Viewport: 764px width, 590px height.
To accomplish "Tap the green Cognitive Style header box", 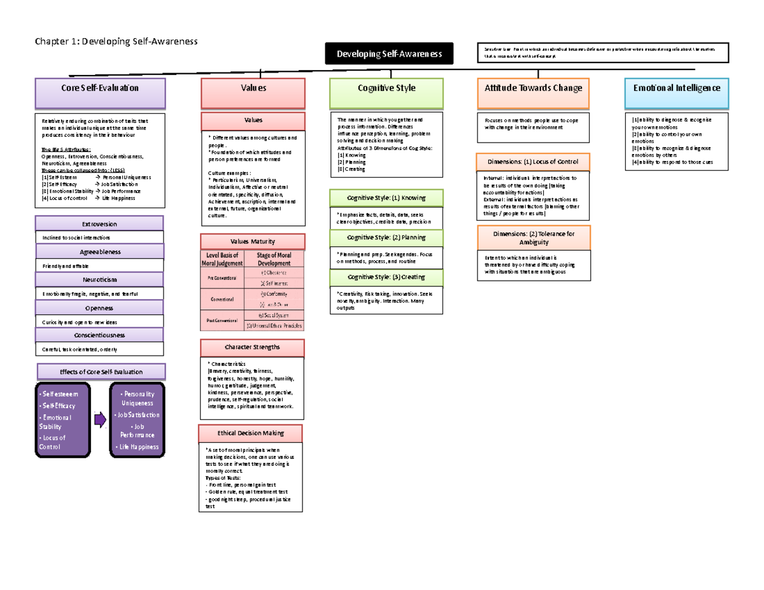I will pyautogui.click(x=386, y=94).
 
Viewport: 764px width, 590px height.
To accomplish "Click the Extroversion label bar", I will pyautogui.click(x=99, y=224).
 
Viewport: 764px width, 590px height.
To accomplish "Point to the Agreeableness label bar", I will pyautogui.click(x=99, y=251).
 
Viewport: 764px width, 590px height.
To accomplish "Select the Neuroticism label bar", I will pyautogui.click(x=99, y=279).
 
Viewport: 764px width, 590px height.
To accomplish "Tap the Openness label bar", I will pyautogui.click(x=99, y=307).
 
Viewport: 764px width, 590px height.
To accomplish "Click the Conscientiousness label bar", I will pyautogui.click(x=99, y=335).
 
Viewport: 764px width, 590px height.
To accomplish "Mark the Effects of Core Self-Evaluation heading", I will pyautogui.click(x=101, y=372).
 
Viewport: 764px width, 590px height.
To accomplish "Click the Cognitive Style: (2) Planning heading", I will pyautogui.click(x=386, y=238).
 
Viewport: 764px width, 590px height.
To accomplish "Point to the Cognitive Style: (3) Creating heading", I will pyautogui.click(x=386, y=277).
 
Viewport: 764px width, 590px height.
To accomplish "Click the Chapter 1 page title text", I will pyautogui.click(x=117, y=41).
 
